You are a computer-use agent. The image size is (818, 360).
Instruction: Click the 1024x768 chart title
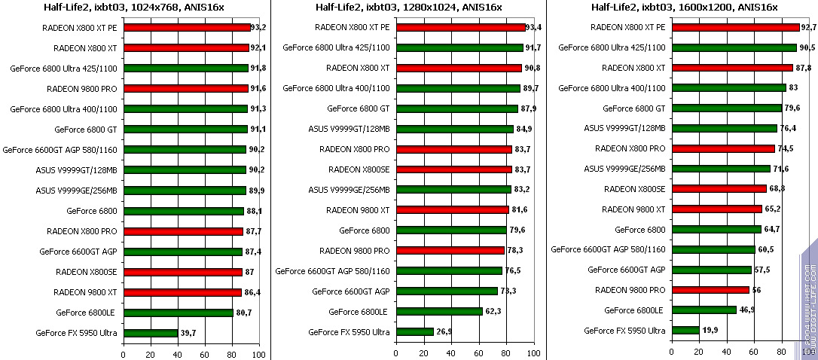coord(135,8)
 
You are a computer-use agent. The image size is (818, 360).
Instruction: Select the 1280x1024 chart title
coord(408,8)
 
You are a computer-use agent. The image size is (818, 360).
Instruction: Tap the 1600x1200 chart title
coord(684,8)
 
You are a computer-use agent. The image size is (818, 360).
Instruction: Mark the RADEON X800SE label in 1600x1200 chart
coord(634,188)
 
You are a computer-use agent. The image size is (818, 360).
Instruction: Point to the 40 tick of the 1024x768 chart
coord(178,353)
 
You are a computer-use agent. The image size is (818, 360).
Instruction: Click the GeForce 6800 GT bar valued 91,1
coord(185,129)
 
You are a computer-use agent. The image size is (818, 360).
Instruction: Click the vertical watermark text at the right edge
coord(810,301)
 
